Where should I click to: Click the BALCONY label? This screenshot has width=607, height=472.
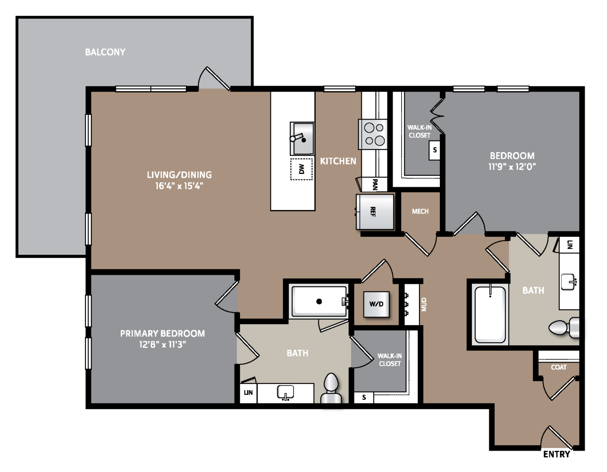click(x=105, y=52)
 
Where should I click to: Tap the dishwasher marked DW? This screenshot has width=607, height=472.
click(x=301, y=169)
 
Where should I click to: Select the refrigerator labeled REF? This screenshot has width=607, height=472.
click(x=375, y=212)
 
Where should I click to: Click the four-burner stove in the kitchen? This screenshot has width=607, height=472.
click(x=373, y=134)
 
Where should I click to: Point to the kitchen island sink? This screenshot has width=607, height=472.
click(x=302, y=139)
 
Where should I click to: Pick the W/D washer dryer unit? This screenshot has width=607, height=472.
click(x=376, y=304)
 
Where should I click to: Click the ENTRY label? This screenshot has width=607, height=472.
click(x=556, y=454)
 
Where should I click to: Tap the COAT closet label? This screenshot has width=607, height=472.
click(x=559, y=367)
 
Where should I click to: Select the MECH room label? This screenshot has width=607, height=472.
click(x=420, y=211)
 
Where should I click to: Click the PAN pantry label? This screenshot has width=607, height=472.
click(x=375, y=184)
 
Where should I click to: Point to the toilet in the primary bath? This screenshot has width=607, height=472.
click(x=331, y=388)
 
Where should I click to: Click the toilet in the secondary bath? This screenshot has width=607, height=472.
click(x=564, y=328)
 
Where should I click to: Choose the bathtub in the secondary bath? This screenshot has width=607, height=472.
click(x=490, y=314)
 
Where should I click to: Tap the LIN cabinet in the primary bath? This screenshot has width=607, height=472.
click(x=249, y=393)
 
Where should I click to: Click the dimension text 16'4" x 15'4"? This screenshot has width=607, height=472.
click(x=179, y=186)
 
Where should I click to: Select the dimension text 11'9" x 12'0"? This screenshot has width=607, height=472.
click(x=512, y=167)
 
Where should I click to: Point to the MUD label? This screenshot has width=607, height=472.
click(x=424, y=304)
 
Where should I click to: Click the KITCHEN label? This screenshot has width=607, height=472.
click(x=338, y=161)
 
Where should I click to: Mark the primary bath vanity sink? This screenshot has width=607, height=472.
click(x=285, y=393)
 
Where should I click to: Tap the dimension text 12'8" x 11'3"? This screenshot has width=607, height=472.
click(x=163, y=344)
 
